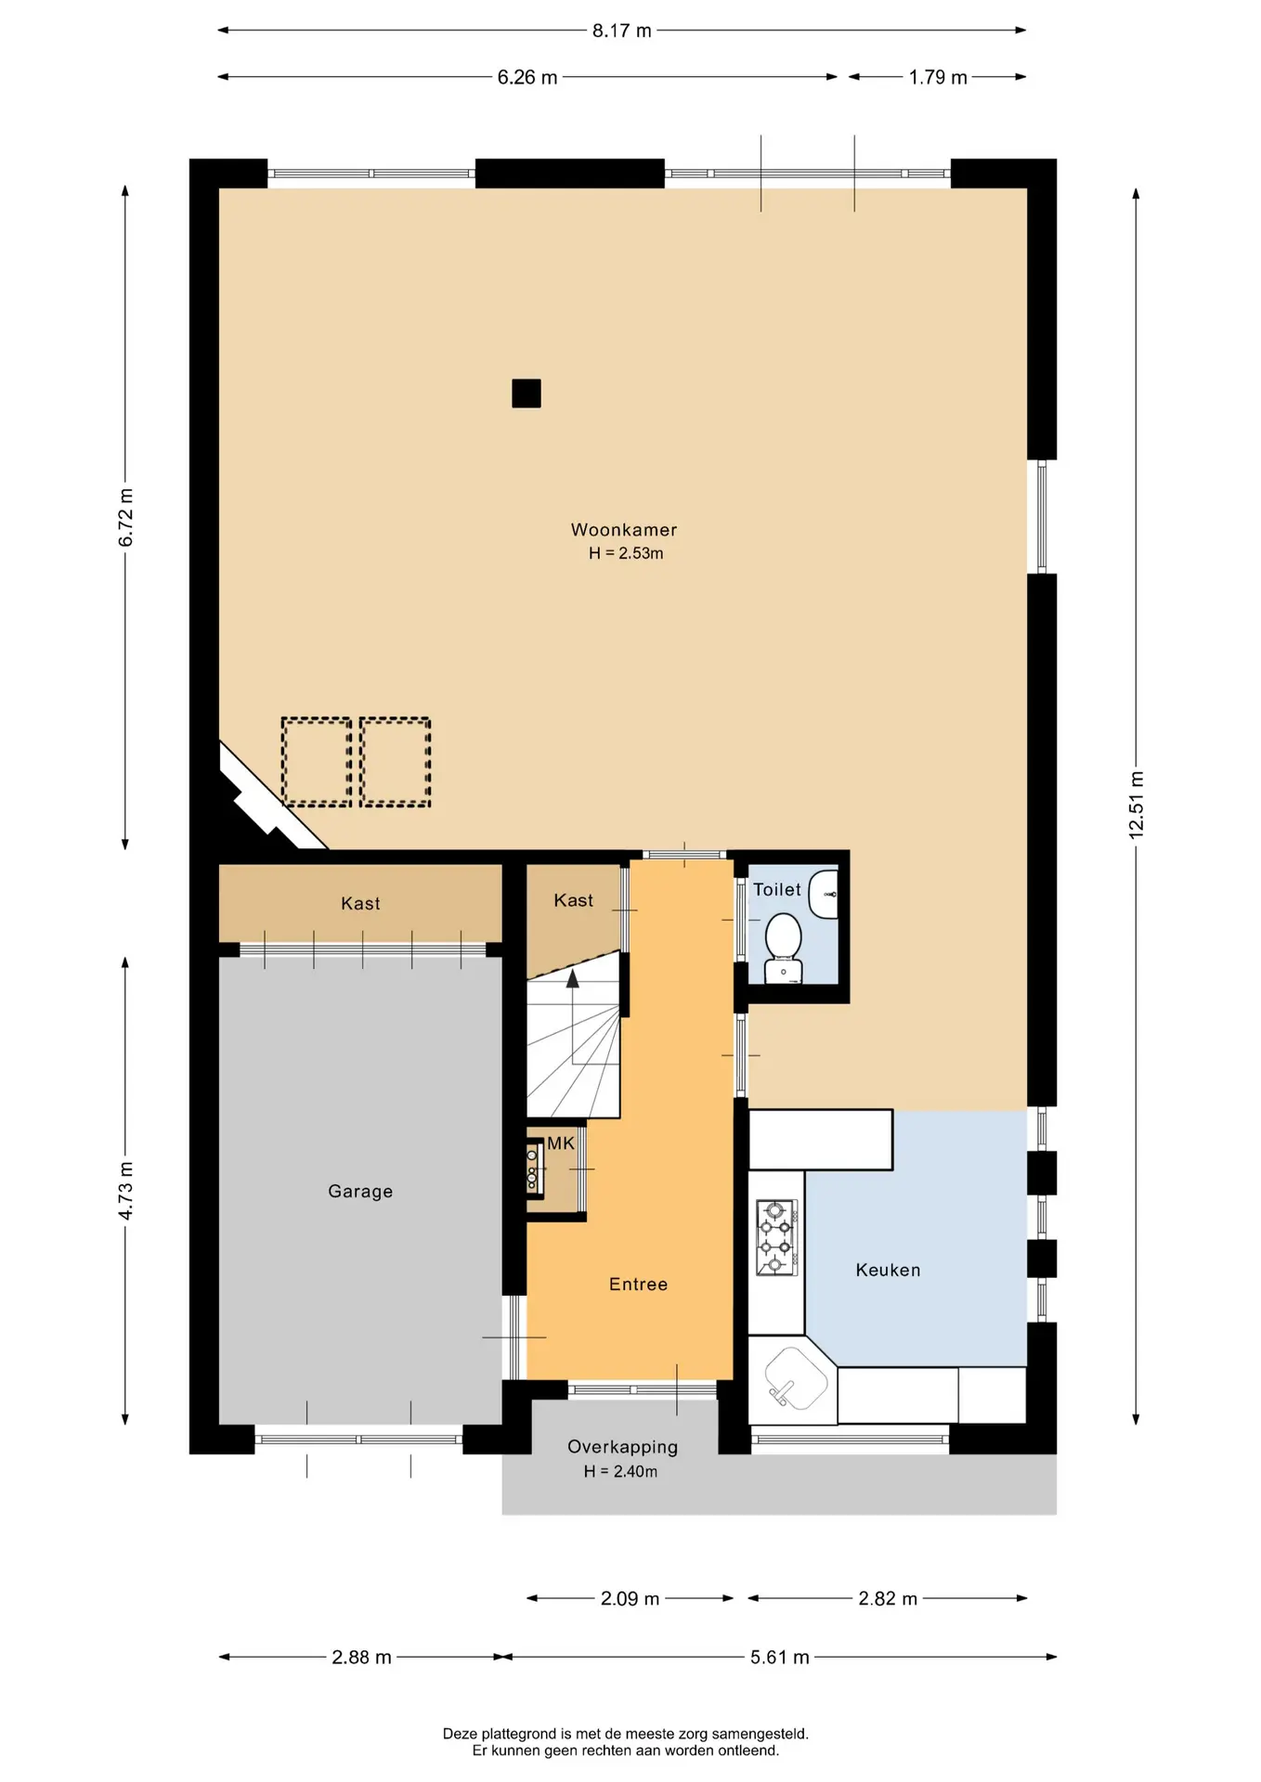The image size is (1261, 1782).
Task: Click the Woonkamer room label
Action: [x=624, y=530]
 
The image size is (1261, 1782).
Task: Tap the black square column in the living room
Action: [x=526, y=394]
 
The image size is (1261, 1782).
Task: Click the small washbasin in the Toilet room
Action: [x=825, y=894]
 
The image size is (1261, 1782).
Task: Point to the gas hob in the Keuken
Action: [x=777, y=1237]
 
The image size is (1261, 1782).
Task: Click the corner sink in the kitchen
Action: [x=794, y=1378]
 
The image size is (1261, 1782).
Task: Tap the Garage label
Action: [x=360, y=1192]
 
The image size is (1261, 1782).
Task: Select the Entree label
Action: [x=638, y=1285]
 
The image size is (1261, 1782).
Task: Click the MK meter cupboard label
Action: [x=561, y=1143]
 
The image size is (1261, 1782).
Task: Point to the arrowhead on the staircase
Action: [x=573, y=978]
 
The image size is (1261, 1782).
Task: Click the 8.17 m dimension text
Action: [x=622, y=31]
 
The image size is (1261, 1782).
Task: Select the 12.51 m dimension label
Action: [x=1137, y=806]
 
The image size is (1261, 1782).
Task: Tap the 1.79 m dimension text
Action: [x=938, y=77]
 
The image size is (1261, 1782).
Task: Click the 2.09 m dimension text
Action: [x=630, y=1598]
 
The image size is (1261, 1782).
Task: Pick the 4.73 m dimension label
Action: [x=125, y=1191]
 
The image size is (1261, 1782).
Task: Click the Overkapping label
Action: [x=622, y=1447]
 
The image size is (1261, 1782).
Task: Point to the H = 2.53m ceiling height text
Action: [x=626, y=553]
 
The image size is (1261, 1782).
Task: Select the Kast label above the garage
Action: [x=360, y=903]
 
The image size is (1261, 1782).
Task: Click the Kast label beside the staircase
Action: [x=573, y=900]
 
